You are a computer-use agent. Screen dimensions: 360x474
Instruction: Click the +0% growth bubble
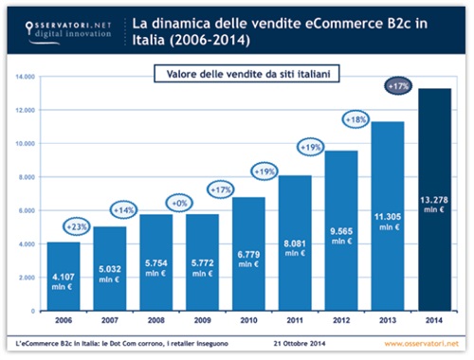tap(177, 203)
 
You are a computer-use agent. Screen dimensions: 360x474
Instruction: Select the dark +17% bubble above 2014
tap(401, 86)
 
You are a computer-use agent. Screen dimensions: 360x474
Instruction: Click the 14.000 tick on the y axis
tap(26, 77)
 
